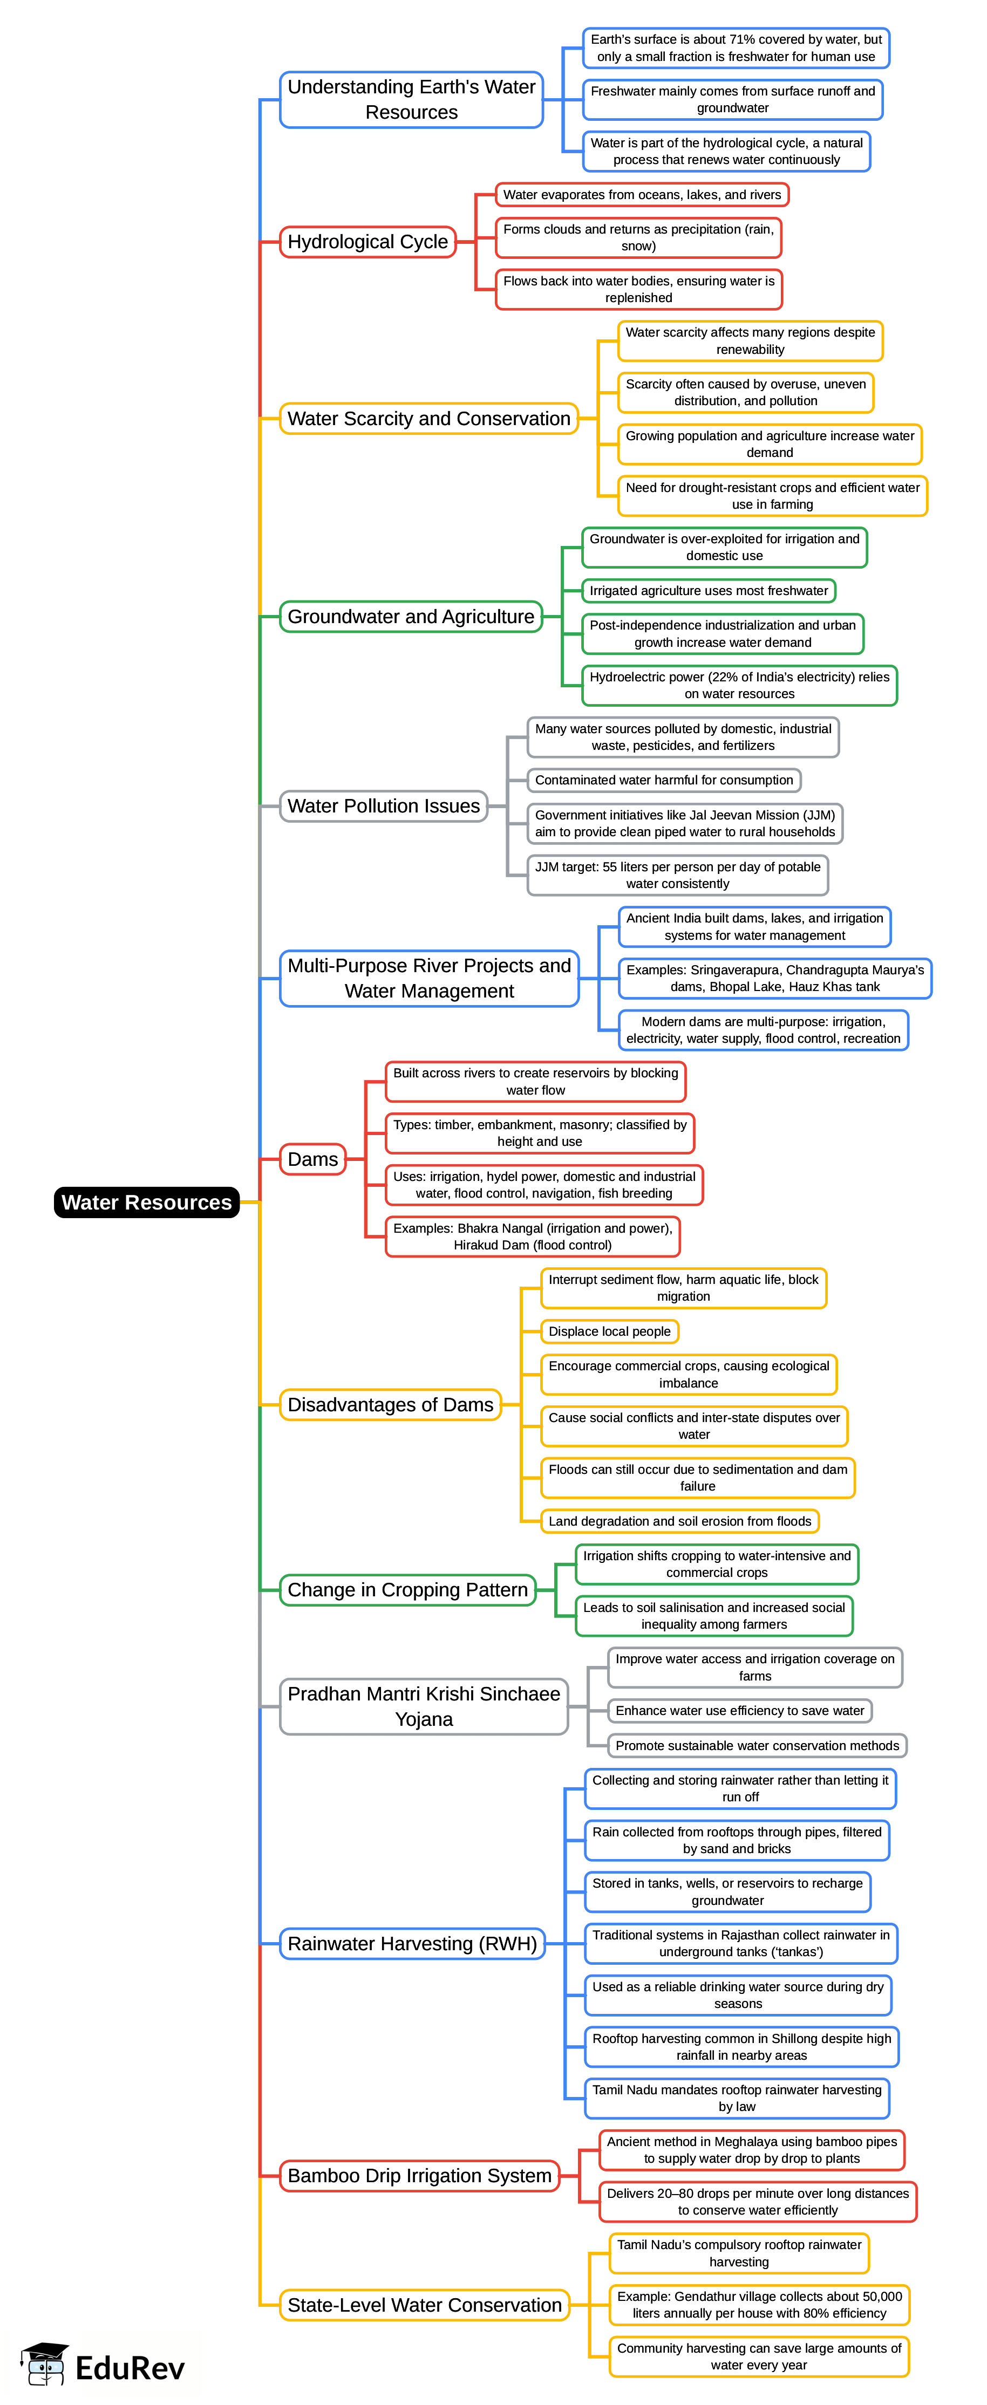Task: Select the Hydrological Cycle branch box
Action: (368, 242)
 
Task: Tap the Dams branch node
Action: (313, 1159)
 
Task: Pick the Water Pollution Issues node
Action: (384, 805)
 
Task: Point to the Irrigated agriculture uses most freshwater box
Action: (709, 591)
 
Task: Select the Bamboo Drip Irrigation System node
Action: (419, 2175)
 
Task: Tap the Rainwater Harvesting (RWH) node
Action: (412, 1944)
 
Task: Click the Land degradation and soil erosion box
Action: (680, 1521)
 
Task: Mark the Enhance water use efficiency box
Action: (739, 1710)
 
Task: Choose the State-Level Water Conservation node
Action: (425, 2305)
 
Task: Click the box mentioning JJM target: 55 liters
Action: (677, 875)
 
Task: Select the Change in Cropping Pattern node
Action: (408, 1590)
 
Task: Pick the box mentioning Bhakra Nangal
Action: (532, 1236)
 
